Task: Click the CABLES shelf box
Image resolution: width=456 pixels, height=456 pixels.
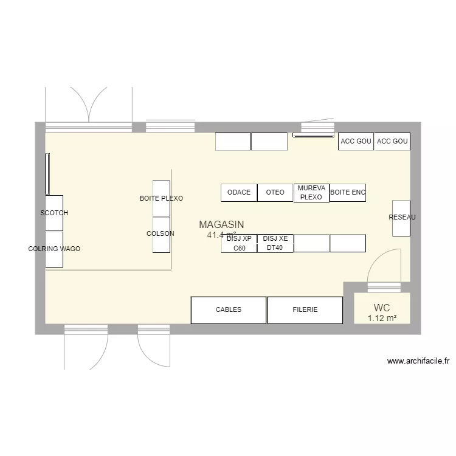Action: (229, 310)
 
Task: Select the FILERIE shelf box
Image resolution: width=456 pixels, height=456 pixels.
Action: (305, 310)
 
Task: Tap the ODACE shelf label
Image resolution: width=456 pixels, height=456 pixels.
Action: (239, 193)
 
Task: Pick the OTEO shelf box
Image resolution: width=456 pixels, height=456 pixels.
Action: (275, 193)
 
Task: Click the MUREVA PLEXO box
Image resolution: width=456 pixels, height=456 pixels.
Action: (311, 193)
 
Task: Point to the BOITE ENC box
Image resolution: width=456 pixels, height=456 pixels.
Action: (348, 193)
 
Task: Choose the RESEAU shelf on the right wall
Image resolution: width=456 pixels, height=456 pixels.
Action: (401, 218)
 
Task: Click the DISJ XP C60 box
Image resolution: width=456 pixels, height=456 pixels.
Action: (239, 243)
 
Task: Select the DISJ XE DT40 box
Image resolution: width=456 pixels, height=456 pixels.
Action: (275, 243)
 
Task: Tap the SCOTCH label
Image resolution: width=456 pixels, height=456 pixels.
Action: (54, 213)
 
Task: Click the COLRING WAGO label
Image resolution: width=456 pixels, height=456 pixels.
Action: (54, 249)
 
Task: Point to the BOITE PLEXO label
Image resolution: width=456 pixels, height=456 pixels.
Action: (161, 199)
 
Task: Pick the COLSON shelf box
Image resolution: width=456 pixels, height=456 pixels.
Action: (161, 234)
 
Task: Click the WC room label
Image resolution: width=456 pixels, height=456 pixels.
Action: (382, 308)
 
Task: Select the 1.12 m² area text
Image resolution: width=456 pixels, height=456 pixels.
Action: (382, 318)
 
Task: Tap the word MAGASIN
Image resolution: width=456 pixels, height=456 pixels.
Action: (221, 224)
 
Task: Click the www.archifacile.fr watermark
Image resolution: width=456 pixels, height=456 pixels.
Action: (418, 361)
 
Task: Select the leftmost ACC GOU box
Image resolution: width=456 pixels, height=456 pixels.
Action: (356, 142)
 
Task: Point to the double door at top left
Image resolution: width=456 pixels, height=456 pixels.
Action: (89, 106)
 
